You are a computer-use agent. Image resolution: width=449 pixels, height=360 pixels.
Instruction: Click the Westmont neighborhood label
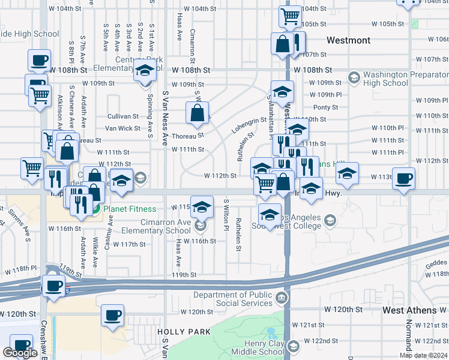(x=348, y=40)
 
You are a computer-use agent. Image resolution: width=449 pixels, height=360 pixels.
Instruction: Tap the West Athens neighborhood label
(x=409, y=310)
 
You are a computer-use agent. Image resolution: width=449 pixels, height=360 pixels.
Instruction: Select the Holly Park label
(x=183, y=331)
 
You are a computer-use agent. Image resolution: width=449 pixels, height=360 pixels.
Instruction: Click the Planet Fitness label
(x=130, y=209)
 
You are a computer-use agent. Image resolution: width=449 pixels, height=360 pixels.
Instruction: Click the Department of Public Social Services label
(x=233, y=299)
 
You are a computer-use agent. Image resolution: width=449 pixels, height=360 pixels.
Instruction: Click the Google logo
(x=20, y=353)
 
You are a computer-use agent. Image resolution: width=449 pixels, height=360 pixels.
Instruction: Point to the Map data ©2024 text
(x=423, y=355)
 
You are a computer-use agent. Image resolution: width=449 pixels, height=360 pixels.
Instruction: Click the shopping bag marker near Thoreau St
(x=197, y=113)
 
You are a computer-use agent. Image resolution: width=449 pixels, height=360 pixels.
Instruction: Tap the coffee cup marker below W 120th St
(x=112, y=316)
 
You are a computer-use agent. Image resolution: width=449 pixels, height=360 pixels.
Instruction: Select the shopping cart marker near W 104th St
(x=290, y=17)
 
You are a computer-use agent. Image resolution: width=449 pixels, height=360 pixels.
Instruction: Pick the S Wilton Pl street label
(x=226, y=215)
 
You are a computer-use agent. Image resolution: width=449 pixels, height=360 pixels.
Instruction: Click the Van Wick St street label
(x=122, y=128)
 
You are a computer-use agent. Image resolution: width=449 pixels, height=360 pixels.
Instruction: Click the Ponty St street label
(x=326, y=107)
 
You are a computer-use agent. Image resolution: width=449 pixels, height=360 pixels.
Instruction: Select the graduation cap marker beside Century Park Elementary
(x=144, y=71)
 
